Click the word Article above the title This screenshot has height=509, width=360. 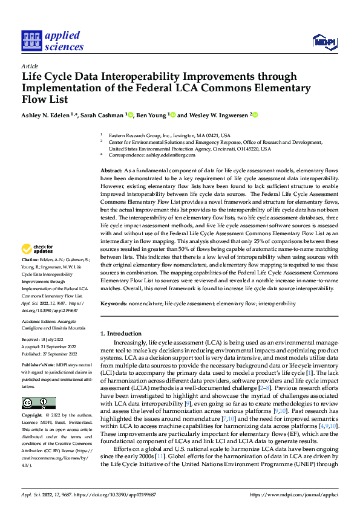(x=30, y=66)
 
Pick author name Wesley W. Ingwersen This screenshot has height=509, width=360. (x=218, y=114)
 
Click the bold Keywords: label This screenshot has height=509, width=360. (x=114, y=303)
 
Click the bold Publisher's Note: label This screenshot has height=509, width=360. (x=39, y=366)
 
